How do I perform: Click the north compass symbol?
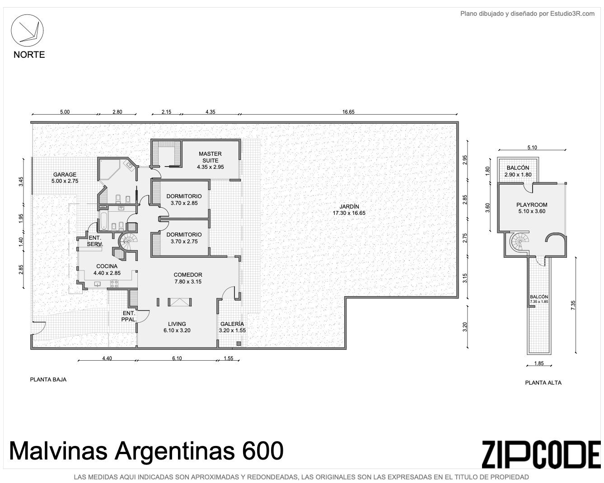point(27,30)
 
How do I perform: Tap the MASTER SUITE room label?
point(210,157)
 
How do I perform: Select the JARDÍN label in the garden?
point(349,206)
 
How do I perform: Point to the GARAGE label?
point(65,174)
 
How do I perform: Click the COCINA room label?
point(107,266)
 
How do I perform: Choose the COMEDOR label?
point(188,274)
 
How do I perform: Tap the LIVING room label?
point(177,324)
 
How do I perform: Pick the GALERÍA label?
point(232,324)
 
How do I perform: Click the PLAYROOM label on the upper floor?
point(532,204)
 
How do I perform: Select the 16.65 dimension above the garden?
point(348,112)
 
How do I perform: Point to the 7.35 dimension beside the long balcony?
point(573,305)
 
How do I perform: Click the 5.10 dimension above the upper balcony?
point(532,148)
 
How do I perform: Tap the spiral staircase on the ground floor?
point(128,241)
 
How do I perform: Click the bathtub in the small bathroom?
point(103,221)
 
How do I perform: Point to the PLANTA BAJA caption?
point(48,380)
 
